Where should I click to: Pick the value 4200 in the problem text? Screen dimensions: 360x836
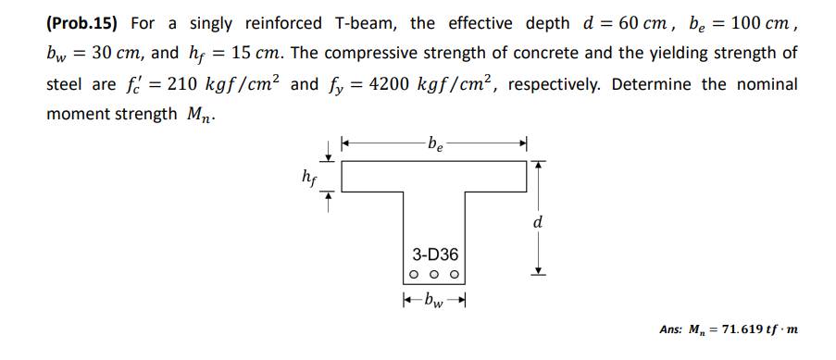click(x=390, y=84)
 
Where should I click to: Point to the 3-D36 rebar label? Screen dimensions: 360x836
click(x=434, y=253)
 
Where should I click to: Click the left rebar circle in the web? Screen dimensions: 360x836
click(x=417, y=275)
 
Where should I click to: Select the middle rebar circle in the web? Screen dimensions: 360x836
click(x=434, y=275)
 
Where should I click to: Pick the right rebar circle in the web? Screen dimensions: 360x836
click(x=453, y=275)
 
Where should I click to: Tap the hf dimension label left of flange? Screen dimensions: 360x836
click(x=308, y=175)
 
